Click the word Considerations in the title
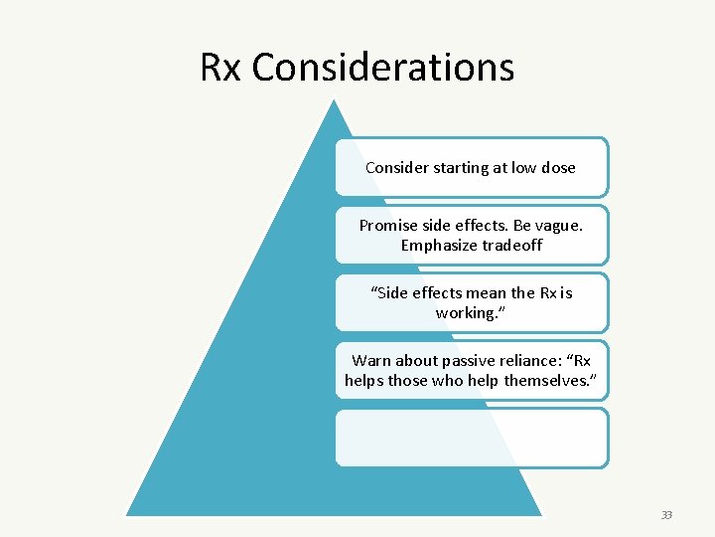(383, 68)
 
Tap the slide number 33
(666, 515)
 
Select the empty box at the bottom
(471, 438)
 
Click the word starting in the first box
(470, 168)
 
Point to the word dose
(557, 168)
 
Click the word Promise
(388, 226)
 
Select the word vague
(558, 226)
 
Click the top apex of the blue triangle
(335, 100)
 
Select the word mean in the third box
(491, 293)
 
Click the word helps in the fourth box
(364, 381)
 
